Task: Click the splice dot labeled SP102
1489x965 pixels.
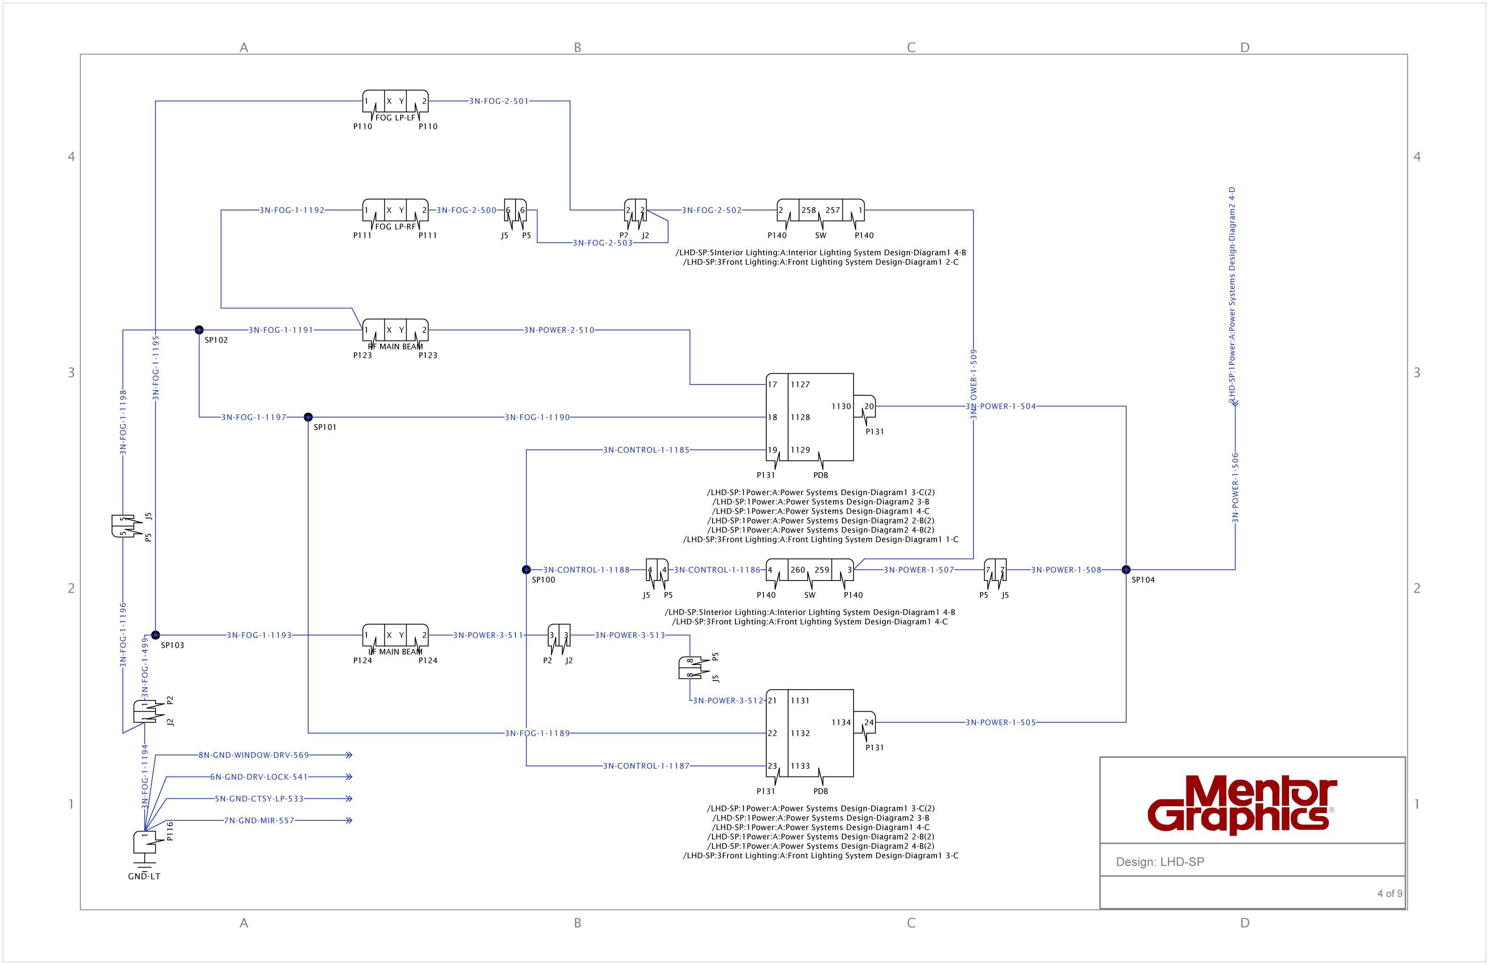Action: pos(199,329)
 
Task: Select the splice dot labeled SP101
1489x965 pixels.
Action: pos(308,417)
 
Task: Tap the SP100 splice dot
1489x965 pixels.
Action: pos(526,570)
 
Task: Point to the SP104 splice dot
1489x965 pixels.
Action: pos(1126,570)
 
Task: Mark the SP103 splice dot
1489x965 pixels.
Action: pos(156,635)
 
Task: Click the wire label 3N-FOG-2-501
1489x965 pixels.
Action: pos(499,101)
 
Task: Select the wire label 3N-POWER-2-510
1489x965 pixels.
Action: pos(559,329)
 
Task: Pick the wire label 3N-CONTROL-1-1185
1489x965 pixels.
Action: pos(646,450)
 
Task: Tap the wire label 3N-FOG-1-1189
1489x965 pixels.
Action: pos(537,733)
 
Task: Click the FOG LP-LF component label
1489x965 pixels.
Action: pos(395,118)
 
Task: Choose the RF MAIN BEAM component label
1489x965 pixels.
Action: pos(395,346)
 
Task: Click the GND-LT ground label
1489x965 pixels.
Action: pos(144,876)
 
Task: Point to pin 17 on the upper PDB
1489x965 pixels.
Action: pos(773,385)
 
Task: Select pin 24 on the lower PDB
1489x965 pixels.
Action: pos(869,722)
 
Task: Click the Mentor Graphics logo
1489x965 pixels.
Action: pos(1242,805)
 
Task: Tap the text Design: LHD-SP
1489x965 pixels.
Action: pos(1159,862)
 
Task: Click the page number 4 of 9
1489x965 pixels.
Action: pos(1390,893)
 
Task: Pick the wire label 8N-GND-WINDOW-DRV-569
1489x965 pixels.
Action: pos(254,755)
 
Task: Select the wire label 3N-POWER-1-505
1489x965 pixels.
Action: pos(1001,722)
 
